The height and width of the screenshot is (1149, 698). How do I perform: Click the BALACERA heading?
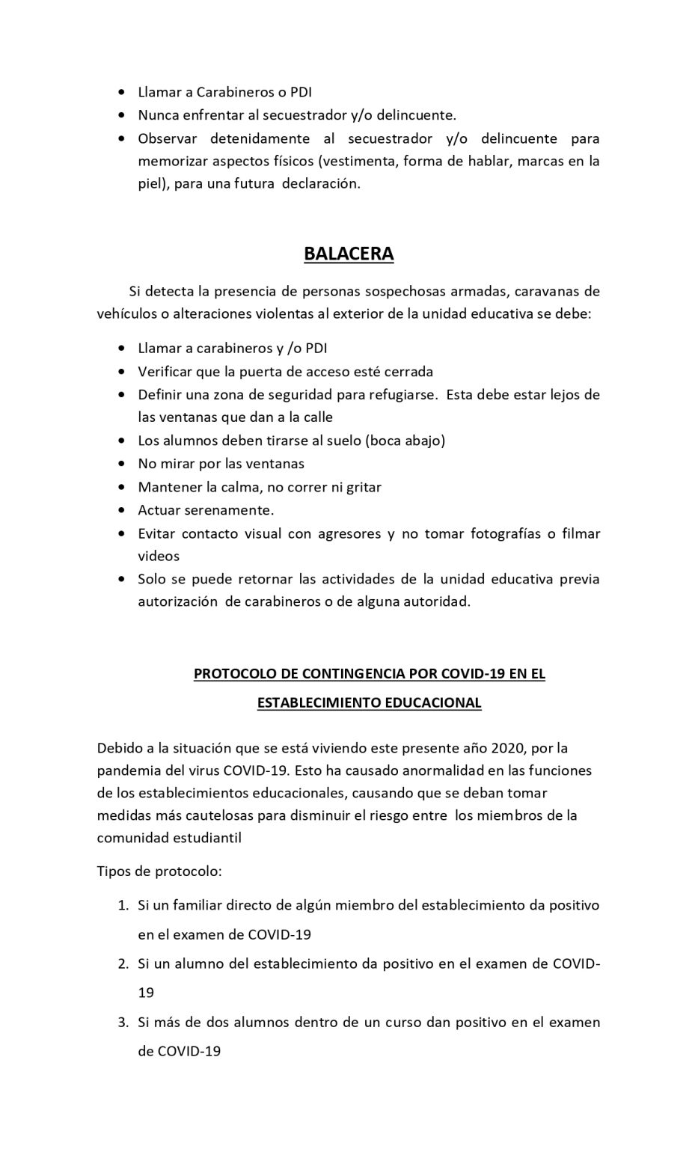click(349, 254)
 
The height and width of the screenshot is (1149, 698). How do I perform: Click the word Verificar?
click(165, 371)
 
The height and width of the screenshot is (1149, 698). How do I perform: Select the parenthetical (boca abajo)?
click(405, 441)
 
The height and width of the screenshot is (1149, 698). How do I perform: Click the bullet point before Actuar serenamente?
click(122, 511)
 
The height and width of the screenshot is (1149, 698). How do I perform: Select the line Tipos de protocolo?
click(159, 871)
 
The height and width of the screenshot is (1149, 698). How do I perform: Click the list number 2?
click(123, 963)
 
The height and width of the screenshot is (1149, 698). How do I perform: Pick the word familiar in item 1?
click(198, 905)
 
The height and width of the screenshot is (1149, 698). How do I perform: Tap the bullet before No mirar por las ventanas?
click(122, 465)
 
